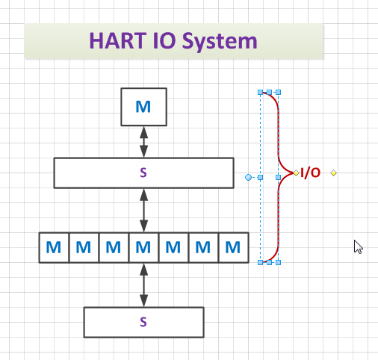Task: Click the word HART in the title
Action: [x=117, y=41]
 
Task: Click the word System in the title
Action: [x=220, y=42]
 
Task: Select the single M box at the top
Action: [x=143, y=107]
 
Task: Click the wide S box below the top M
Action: [x=143, y=173]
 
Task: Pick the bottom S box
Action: [x=143, y=322]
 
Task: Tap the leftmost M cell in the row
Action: [x=54, y=247]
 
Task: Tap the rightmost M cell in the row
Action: [x=234, y=247]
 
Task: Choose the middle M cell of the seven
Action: [x=143, y=247]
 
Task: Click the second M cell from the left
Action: [x=84, y=247]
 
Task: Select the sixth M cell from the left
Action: [x=203, y=247]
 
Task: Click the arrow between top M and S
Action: [x=143, y=142]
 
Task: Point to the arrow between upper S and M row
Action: [x=143, y=211]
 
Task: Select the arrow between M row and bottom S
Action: [x=143, y=285]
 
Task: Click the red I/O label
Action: [x=310, y=173]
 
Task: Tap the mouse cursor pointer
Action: [x=358, y=246]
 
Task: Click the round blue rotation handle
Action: [x=248, y=177]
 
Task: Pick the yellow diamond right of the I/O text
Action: [x=333, y=173]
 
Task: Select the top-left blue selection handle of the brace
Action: [x=260, y=93]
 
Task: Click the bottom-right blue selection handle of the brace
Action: [x=279, y=262]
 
